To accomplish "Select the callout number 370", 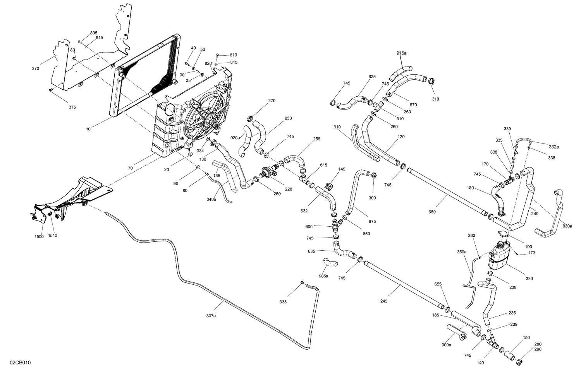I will pyautogui.click(x=36, y=69).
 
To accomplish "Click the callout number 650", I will pyautogui.click(x=432, y=212).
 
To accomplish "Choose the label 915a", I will pyautogui.click(x=401, y=53).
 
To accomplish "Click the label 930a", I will pyautogui.click(x=567, y=226).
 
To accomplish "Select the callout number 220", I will pyautogui.click(x=288, y=190).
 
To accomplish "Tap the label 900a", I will pyautogui.click(x=446, y=345).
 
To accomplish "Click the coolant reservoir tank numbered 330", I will pyautogui.click(x=500, y=255).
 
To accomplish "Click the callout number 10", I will pyautogui.click(x=88, y=129).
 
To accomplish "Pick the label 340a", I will pyautogui.click(x=211, y=200).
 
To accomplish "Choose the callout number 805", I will pyautogui.click(x=94, y=33).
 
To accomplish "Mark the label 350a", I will pyautogui.click(x=462, y=252).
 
